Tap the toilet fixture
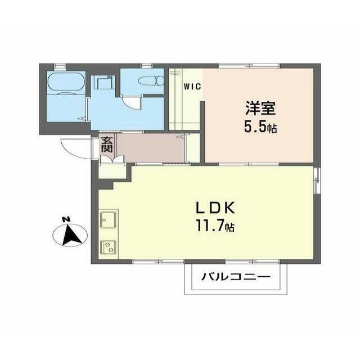[151, 81]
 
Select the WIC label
[192, 87]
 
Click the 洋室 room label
[260, 108]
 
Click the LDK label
[215, 208]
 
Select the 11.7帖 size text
[215, 226]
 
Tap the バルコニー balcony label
[236, 277]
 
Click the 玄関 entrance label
[107, 145]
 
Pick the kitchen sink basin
[108, 220]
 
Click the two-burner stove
[109, 247]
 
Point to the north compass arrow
[71, 235]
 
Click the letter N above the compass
[66, 219]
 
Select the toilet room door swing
[131, 102]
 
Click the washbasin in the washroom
[102, 82]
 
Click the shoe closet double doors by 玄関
[112, 159]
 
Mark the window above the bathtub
[60, 66]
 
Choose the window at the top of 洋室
[249, 66]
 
